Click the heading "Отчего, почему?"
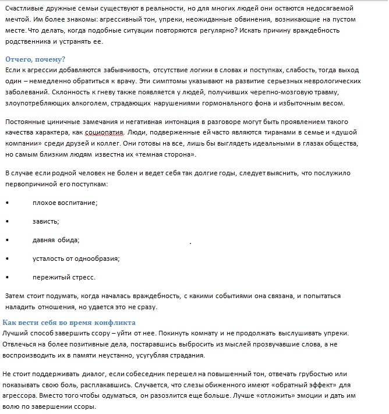pos(35,59)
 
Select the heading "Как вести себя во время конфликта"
pos(69,323)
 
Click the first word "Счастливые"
pos(24,8)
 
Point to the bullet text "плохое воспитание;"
pos(65,202)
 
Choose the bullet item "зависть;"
pos(47,221)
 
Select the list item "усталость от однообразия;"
pos(76,258)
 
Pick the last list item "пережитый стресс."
pos(64,277)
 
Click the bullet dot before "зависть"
pos(6,221)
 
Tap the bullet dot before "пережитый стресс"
pos(6,277)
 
